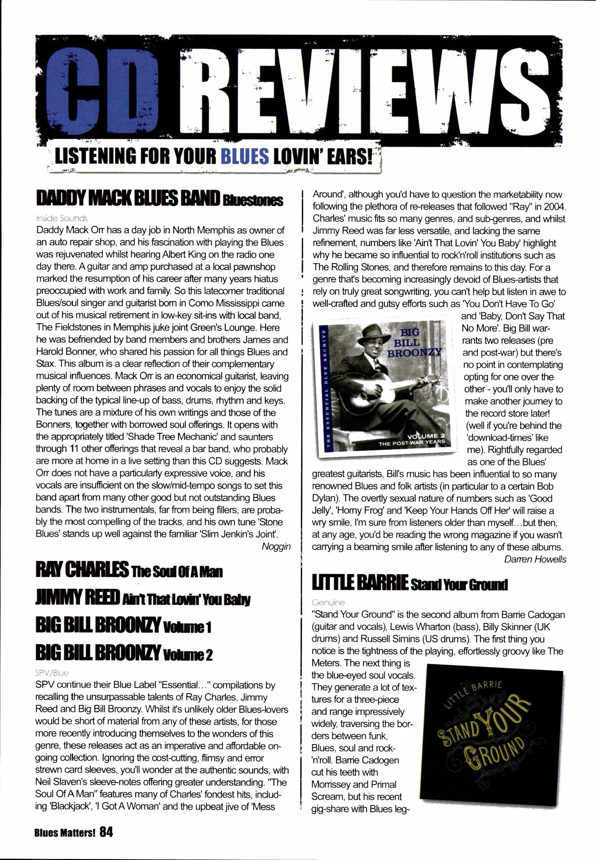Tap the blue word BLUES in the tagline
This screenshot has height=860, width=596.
tap(245, 158)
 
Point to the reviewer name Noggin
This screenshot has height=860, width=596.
tap(276, 546)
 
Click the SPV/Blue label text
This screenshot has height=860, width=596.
tap(52, 673)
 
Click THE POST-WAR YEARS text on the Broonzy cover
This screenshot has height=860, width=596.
tap(412, 443)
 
